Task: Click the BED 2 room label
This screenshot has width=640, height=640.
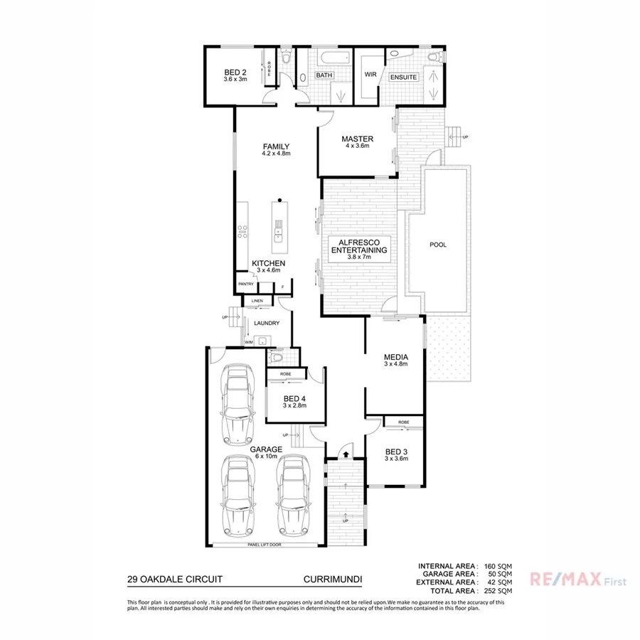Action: point(235,73)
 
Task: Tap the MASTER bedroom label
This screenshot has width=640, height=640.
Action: point(357,139)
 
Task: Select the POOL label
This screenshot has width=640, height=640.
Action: point(438,245)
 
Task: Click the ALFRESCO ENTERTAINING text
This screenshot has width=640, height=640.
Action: point(359,246)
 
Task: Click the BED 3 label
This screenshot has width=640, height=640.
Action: point(395,452)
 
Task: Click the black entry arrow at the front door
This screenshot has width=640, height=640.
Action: point(346,451)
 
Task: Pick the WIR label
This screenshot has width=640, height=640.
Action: point(370,74)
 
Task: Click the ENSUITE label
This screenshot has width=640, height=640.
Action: point(403,76)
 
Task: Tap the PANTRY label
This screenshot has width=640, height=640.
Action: point(246,284)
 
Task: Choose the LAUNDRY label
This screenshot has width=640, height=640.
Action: point(266,323)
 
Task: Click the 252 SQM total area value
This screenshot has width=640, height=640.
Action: point(498,591)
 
